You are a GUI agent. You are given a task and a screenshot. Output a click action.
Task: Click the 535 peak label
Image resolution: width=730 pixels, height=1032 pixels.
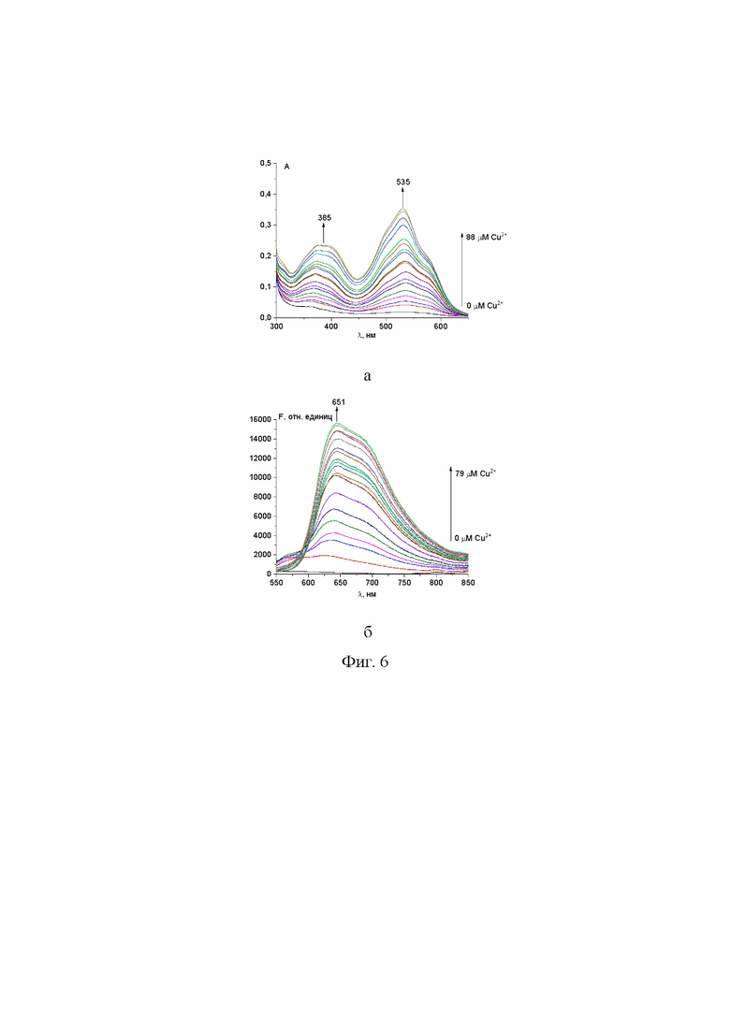click(403, 182)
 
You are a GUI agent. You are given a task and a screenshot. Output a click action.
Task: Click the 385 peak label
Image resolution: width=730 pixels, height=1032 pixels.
click(325, 218)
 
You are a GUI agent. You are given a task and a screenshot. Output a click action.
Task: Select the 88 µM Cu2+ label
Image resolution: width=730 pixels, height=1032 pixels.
click(487, 238)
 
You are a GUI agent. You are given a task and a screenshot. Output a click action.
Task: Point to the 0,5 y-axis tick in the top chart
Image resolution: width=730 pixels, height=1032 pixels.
click(265, 164)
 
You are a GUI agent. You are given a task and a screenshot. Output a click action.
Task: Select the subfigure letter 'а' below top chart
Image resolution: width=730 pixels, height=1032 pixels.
click(367, 375)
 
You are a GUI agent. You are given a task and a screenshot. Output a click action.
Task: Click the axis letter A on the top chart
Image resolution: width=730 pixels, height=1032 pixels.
click(286, 167)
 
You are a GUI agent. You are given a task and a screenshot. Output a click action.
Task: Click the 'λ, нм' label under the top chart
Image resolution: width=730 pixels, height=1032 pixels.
click(365, 335)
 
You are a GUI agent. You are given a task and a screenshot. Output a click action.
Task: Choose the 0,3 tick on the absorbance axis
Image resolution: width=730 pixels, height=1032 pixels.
click(265, 225)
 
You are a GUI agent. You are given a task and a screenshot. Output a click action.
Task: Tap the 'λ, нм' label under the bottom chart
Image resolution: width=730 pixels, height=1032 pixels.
click(365, 592)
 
